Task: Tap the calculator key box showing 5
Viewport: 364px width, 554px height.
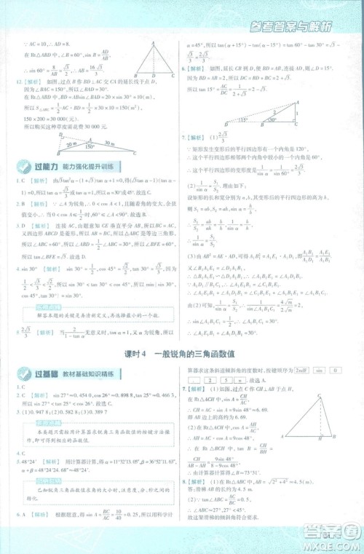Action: pos(226,379)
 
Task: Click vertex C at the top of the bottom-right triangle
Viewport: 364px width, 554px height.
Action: pos(319,396)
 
